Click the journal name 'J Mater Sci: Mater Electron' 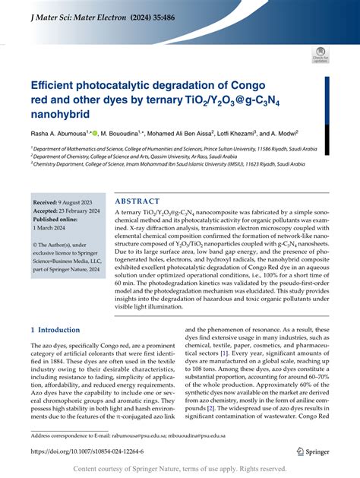[x=79, y=11]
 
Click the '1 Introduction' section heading [x=60, y=309]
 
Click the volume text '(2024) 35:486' [x=172, y=11]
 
